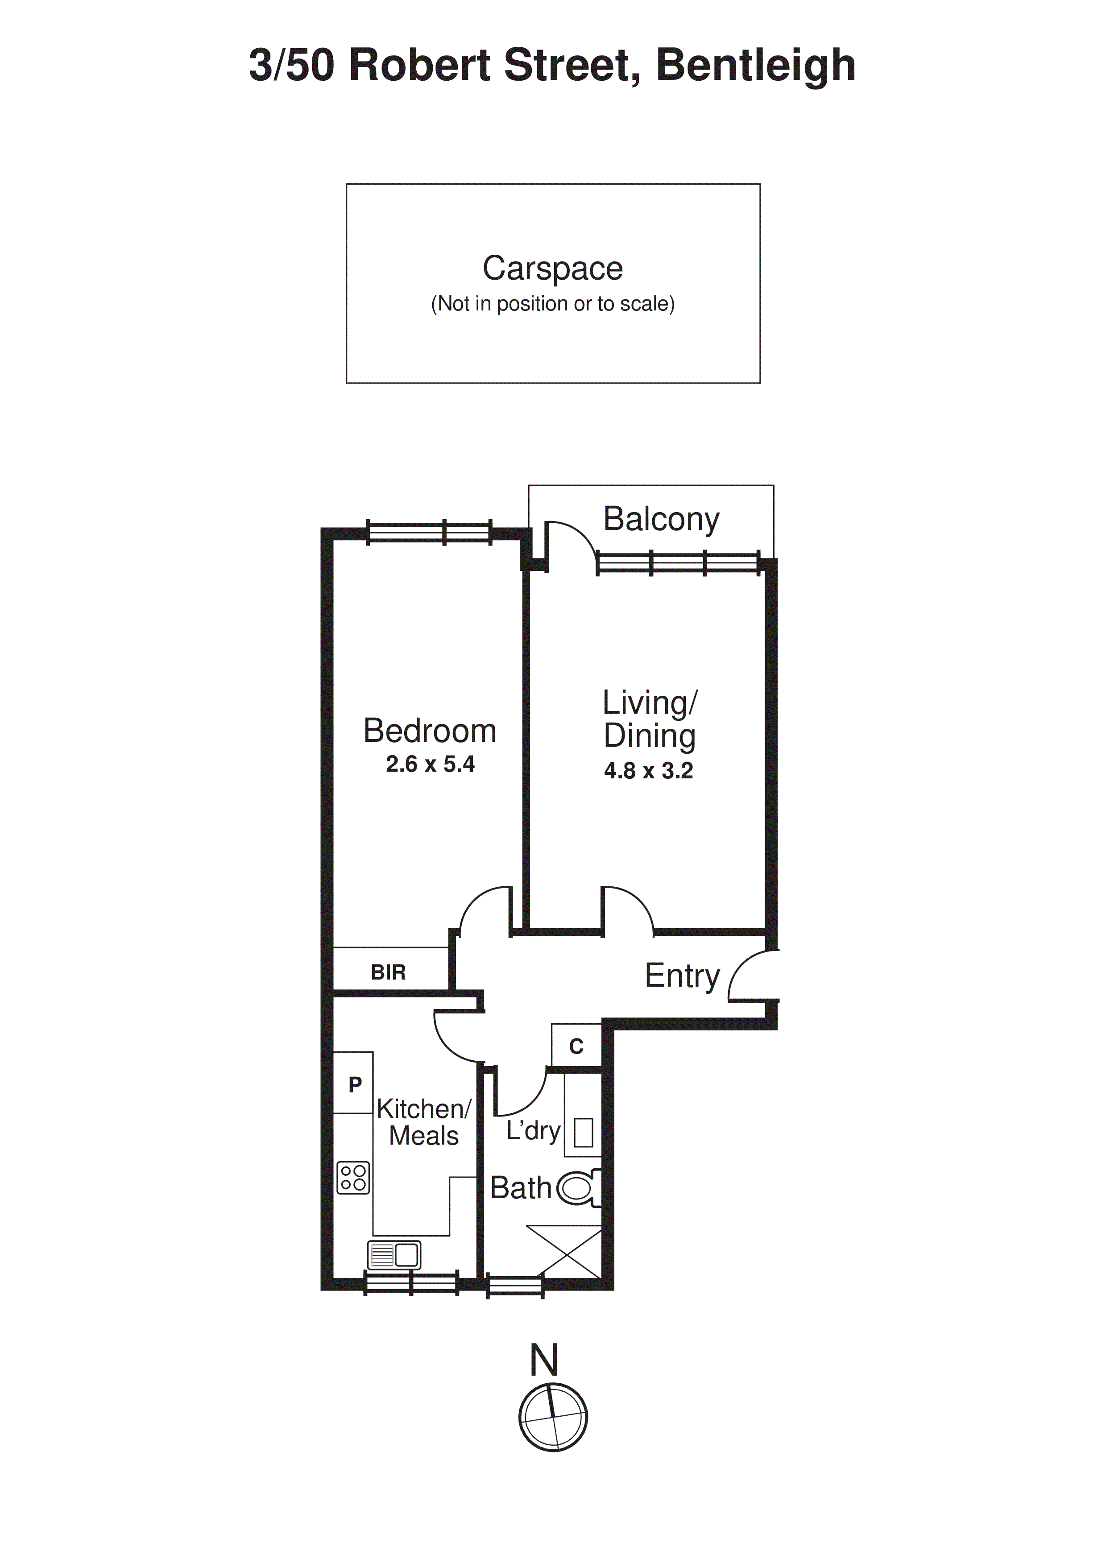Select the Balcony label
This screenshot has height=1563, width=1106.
pos(661,519)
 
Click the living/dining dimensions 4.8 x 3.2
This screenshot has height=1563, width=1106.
pos(648,771)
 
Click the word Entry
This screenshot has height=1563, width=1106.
pos(682,976)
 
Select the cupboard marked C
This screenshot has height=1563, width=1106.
pos(576,1046)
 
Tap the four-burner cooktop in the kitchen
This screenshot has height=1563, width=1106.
pos(353,1178)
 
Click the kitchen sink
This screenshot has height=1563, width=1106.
pos(394,1255)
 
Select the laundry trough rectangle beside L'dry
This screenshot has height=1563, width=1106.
pos(583,1133)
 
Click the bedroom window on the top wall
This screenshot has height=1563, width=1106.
pos(429,532)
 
